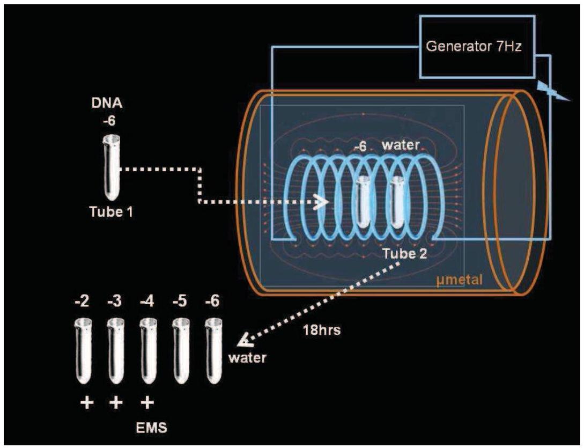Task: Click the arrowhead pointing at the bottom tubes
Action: [x=245, y=340]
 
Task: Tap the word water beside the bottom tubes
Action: [x=247, y=357]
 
